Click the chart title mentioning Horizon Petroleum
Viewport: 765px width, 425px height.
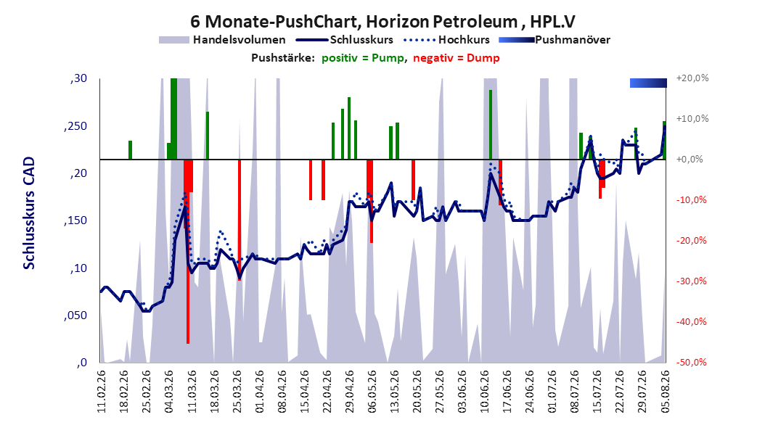[x=382, y=22]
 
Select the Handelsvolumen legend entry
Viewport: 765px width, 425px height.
[x=222, y=40]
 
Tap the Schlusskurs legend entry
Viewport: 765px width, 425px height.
[x=345, y=40]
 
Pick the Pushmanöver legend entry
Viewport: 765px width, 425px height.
[x=555, y=40]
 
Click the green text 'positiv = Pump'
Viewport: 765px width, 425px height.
[x=363, y=58]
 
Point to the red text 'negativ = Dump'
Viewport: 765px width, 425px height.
[x=457, y=58]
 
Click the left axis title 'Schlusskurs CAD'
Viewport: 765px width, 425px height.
[x=29, y=213]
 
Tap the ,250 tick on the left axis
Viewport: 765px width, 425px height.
[x=75, y=126]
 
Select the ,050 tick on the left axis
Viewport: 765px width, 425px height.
[x=75, y=315]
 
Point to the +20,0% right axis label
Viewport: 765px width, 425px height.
[x=692, y=78]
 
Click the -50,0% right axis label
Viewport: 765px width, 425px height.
[x=691, y=362]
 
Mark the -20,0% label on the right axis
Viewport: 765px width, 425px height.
[x=691, y=240]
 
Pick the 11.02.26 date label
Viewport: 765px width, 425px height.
[x=102, y=392]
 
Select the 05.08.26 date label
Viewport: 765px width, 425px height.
[x=665, y=392]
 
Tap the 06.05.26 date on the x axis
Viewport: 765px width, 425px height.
[x=372, y=392]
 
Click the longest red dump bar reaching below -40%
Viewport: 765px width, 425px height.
[x=188, y=252]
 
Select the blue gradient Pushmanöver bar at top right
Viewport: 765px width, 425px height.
[x=648, y=83]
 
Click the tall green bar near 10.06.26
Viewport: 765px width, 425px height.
[x=491, y=125]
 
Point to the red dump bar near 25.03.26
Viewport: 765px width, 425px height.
[x=240, y=220]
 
